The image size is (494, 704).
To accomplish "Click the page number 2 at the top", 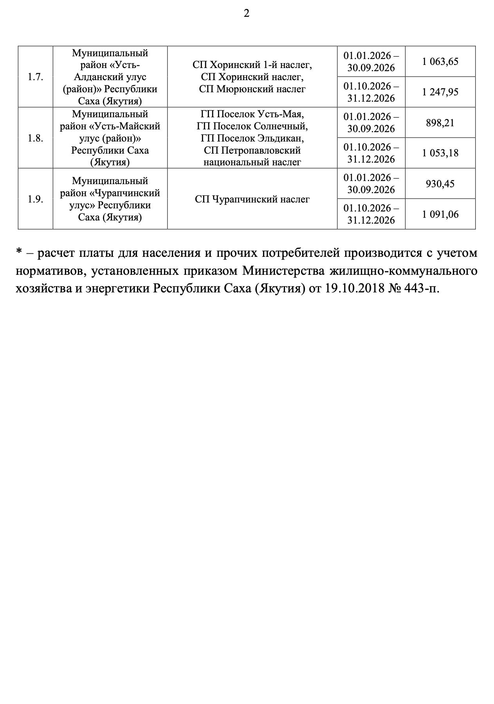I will coord(246,14).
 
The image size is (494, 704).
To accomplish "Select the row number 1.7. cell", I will coord(35,77).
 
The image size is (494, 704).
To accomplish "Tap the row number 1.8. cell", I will coord(35,138).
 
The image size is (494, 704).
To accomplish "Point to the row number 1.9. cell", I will coord(35,199).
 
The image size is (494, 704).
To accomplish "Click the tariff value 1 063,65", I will coord(440,62).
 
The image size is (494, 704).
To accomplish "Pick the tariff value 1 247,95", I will coord(440,92).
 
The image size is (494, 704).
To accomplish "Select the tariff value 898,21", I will coord(440,123).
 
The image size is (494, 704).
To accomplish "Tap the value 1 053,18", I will coord(440,153).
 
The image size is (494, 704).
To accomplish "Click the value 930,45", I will coord(440,184).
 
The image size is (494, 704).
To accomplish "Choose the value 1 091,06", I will coord(440,214).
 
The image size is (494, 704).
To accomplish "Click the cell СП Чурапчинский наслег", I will coord(252,199).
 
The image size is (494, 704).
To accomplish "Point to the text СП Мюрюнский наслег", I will coord(252,89).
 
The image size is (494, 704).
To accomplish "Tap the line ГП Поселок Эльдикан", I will coord(252,138).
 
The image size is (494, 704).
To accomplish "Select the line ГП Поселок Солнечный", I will coord(252,126).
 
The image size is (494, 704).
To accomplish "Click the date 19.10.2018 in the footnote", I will coord(355,288).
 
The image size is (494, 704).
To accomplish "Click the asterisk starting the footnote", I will coord(18,252).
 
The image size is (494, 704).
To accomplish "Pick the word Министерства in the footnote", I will coord(284,270).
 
